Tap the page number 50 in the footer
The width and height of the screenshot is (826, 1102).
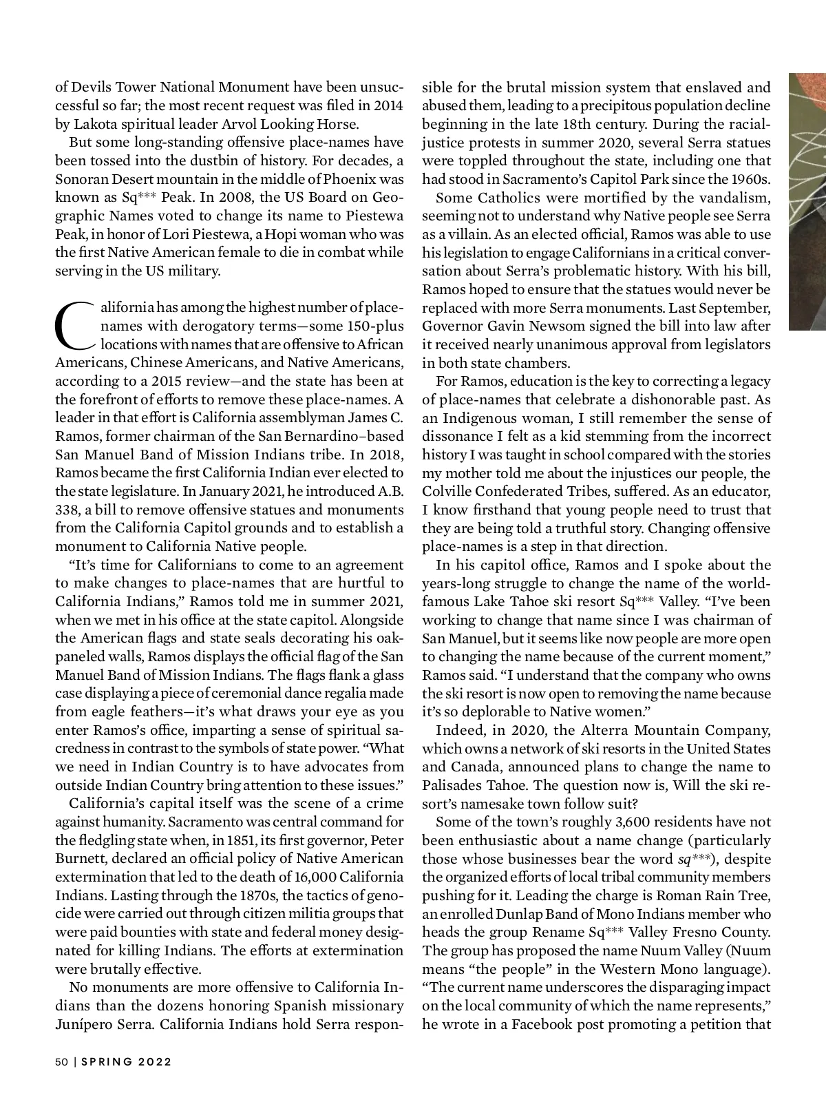[x=62, y=1061]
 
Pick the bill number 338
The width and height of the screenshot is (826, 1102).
[x=67, y=510]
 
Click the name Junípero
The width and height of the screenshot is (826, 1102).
[x=84, y=1023]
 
